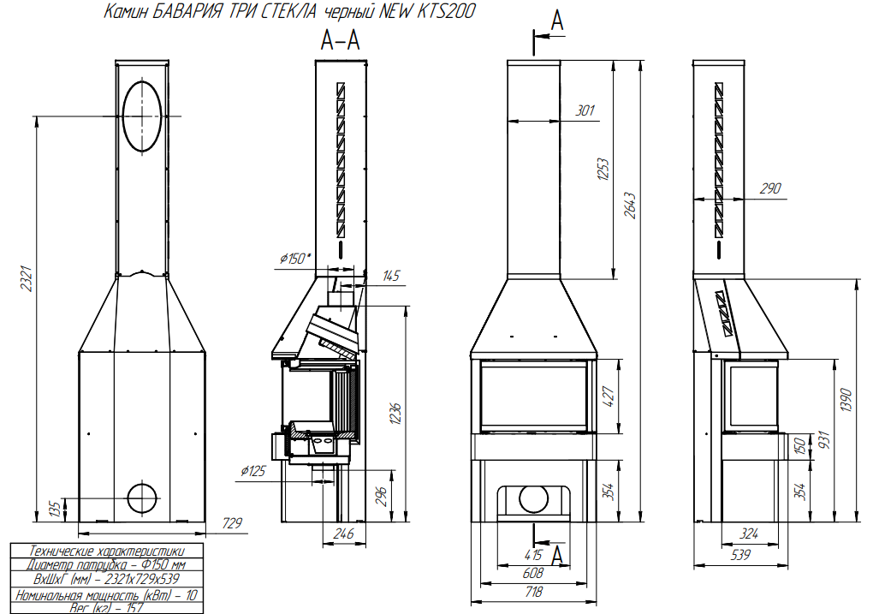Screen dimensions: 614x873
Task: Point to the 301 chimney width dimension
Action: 585,110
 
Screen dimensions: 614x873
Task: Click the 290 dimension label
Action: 770,189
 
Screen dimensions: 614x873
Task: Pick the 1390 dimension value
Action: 846,400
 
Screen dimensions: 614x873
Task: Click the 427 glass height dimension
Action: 609,396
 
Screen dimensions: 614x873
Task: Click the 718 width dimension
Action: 533,593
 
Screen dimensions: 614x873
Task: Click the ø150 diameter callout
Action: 295,259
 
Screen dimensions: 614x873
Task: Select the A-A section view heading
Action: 340,40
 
